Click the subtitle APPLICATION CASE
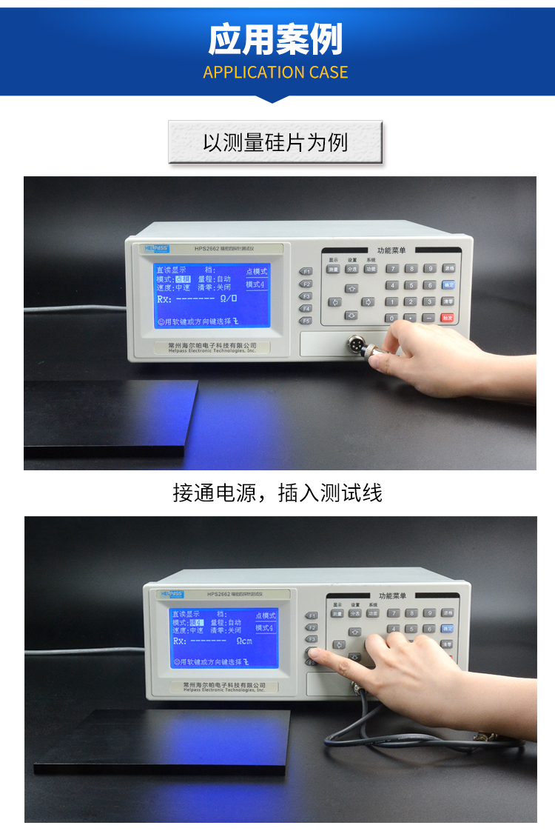pos(275,73)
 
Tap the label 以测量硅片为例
pos(275,142)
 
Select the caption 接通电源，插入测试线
pos(277,493)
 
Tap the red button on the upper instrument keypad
pos(448,318)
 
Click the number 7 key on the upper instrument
pos(393,269)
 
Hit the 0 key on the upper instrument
pos(392,318)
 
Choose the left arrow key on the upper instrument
pos(334,302)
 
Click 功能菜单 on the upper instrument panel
pos(391,251)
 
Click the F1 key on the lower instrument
pos(312,615)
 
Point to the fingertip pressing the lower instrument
pos(314,653)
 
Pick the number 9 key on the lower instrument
pos(428,613)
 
